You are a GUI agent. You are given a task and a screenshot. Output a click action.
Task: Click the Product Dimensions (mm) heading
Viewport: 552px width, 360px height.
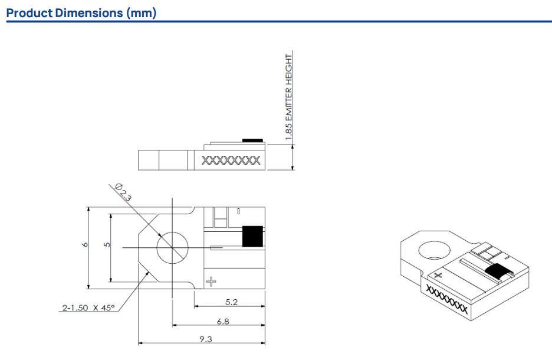pyautogui.click(x=81, y=13)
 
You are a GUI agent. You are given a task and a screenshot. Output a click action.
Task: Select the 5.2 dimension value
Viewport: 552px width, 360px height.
pyautogui.click(x=232, y=302)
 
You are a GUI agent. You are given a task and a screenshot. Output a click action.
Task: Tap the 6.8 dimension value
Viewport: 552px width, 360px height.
pyautogui.click(x=223, y=321)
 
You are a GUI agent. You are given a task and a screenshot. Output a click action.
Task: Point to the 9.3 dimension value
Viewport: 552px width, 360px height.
pyautogui.click(x=206, y=339)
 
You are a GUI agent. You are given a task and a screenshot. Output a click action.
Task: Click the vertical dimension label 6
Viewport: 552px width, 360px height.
pyautogui.click(x=85, y=244)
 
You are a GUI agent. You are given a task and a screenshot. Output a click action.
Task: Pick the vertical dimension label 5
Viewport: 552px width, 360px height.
pyautogui.click(x=107, y=244)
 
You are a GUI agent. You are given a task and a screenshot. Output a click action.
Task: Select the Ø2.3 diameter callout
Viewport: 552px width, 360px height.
pyautogui.click(x=123, y=192)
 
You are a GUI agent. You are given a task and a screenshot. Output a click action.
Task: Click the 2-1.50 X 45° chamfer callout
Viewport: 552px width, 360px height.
pyautogui.click(x=88, y=308)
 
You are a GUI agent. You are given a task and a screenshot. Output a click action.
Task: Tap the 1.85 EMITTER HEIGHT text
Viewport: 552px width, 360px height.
pyautogui.click(x=288, y=97)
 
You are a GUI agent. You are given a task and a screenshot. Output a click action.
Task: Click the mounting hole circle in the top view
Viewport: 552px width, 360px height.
pyautogui.click(x=172, y=232)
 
